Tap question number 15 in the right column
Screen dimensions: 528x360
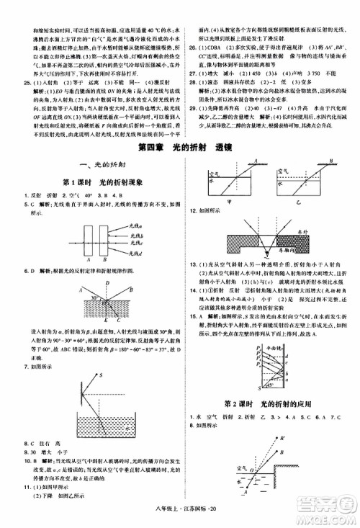tap(190, 316)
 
